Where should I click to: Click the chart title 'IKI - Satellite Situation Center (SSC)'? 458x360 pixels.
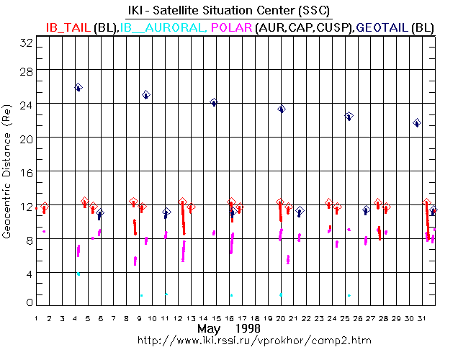(230, 9)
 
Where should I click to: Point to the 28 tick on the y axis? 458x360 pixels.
(27, 69)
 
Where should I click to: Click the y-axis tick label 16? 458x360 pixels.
(27, 171)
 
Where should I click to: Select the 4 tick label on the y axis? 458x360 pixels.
(29, 272)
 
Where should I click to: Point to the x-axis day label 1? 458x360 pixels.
(35, 317)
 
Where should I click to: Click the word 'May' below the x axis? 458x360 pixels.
(210, 328)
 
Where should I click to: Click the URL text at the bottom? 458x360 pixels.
(229, 340)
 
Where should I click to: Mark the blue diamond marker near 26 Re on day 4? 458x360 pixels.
(78, 87)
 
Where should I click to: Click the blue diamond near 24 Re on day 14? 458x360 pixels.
(214, 102)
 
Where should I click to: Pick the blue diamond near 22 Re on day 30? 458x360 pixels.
(417, 123)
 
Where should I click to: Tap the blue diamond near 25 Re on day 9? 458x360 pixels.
(146, 94)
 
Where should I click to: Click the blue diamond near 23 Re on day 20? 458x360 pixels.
(282, 109)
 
